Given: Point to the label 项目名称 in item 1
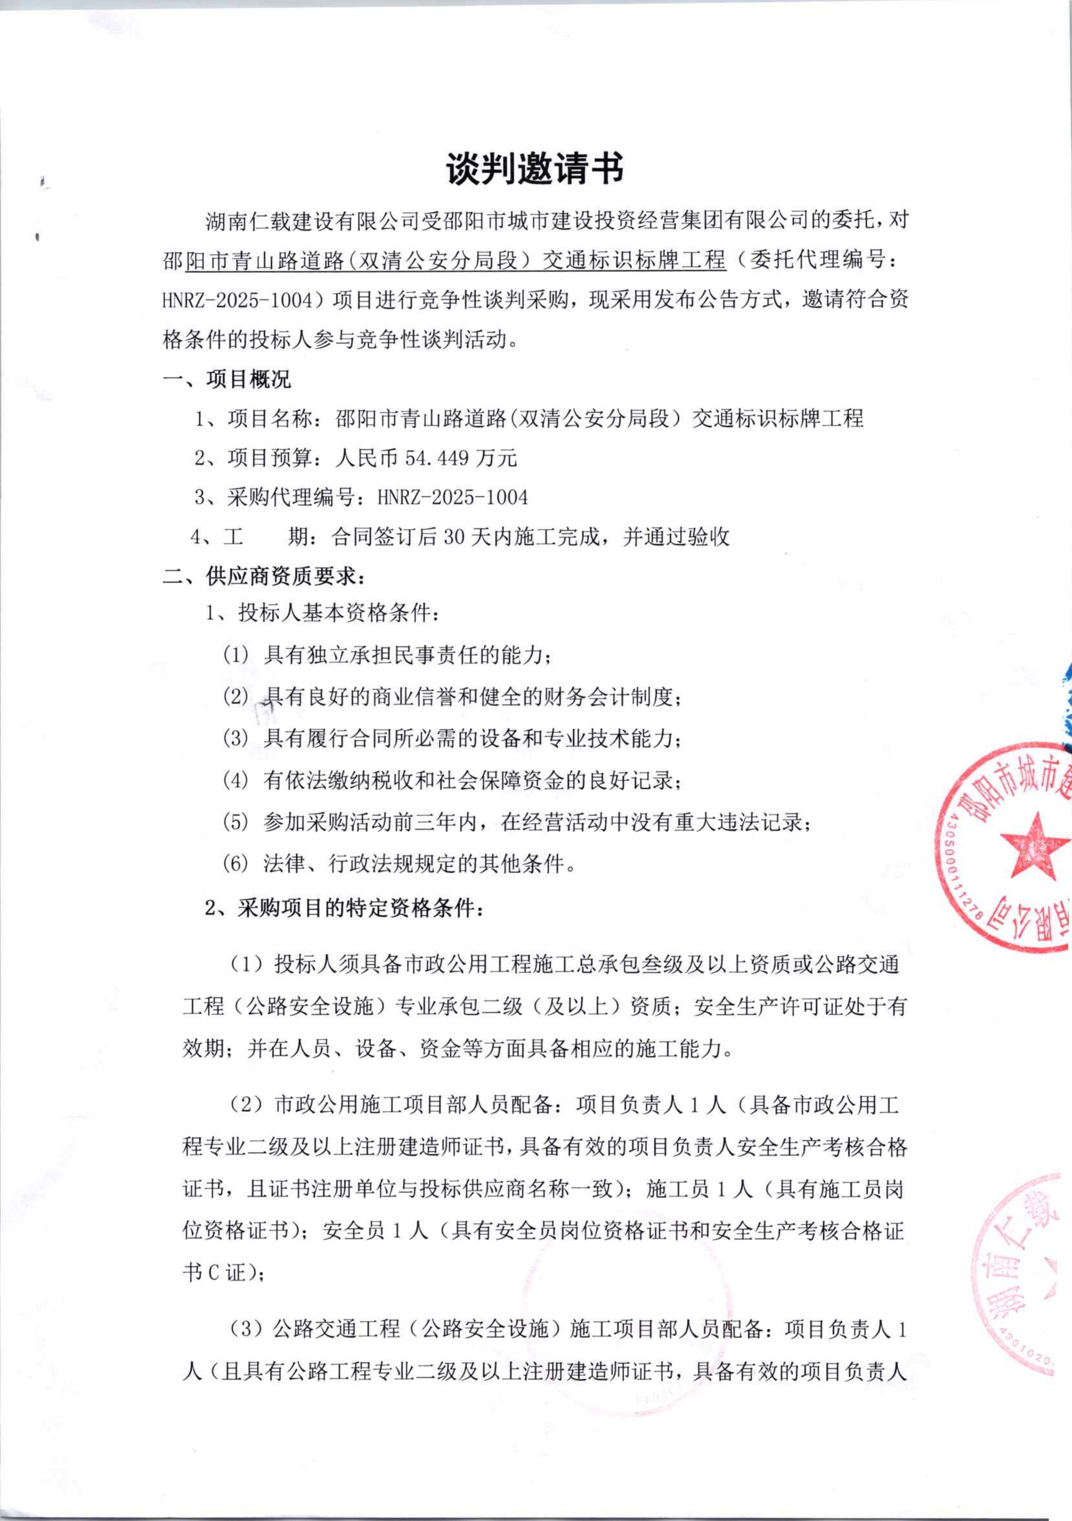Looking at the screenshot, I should tap(272, 419).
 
